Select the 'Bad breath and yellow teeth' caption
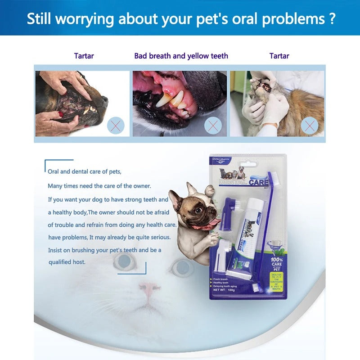click(181, 56)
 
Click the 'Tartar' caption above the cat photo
click(279, 56)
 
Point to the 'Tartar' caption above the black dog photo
click(84, 56)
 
